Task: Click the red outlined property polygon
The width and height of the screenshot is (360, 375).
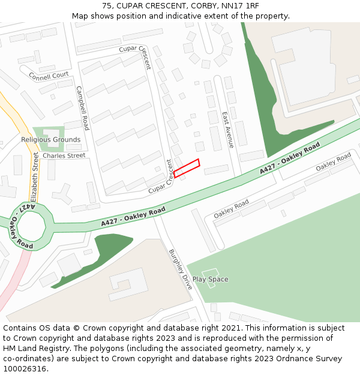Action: pos(187,168)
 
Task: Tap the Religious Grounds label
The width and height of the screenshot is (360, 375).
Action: pos(50,140)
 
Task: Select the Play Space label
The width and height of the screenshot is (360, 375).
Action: pos(210,279)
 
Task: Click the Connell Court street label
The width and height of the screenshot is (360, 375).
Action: pos(49,76)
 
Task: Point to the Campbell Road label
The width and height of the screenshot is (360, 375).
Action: pos(82,108)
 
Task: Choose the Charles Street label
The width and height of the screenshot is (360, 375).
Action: pos(64,156)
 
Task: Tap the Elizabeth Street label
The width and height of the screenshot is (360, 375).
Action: pos(35,176)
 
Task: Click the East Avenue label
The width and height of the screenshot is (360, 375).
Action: pos(228,130)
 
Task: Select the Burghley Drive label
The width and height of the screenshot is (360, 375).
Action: pos(180,269)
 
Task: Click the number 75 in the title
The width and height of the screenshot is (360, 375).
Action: pos(107,6)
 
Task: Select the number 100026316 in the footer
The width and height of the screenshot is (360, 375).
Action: pos(25,369)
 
